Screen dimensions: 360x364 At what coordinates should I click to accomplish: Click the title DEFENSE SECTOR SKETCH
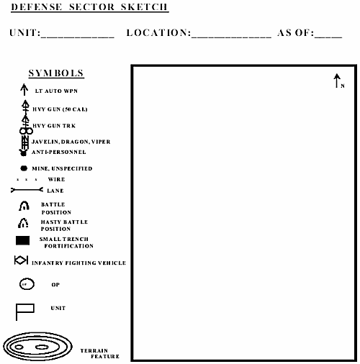pos(89,8)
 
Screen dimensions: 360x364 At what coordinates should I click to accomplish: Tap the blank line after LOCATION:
pos(232,35)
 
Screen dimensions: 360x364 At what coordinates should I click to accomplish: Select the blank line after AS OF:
pos(328,35)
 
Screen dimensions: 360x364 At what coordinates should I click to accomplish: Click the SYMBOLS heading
pos(56,74)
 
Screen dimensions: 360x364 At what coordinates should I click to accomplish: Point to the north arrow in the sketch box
pos(337,81)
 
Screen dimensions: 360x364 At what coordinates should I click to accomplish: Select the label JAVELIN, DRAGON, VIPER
pos(71,142)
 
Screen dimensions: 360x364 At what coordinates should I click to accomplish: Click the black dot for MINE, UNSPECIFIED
pos(24,168)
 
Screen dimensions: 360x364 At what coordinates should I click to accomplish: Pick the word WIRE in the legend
pos(56,179)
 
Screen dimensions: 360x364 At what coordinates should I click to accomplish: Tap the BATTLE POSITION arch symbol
pos(24,207)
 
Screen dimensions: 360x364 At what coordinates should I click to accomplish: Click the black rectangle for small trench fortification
pos(23,240)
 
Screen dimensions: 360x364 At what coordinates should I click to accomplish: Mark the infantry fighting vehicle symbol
pos(21,262)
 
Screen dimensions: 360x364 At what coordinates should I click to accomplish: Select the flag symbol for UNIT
pos(24,311)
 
